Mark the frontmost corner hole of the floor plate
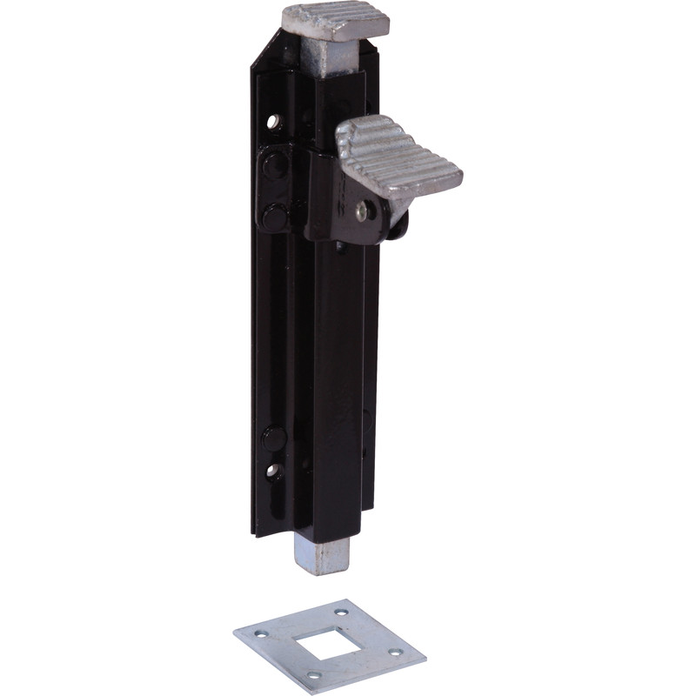click(x=314, y=675)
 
